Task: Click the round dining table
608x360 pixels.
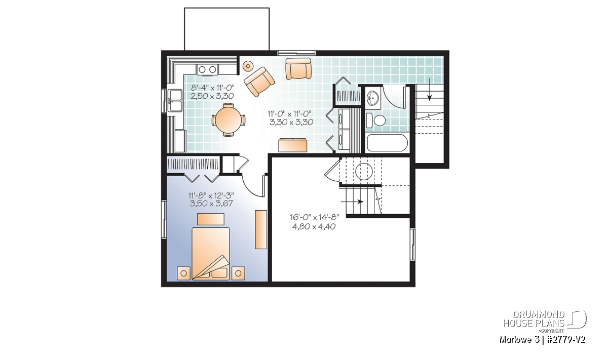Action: (229, 119)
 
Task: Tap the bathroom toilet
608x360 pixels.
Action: (376, 120)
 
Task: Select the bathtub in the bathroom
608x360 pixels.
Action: (387, 143)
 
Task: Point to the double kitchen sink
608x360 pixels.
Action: (175, 101)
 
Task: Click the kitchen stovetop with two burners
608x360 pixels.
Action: (207, 69)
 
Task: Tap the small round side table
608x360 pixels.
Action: (248, 66)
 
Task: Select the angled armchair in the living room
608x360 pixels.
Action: (259, 82)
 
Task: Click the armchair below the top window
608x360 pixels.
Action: (298, 69)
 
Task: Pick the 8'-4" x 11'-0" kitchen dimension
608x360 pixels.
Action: (212, 88)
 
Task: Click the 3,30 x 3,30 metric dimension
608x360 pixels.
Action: (291, 122)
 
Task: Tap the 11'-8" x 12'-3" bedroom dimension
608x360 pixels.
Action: (211, 195)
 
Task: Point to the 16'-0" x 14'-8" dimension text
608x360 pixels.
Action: (314, 217)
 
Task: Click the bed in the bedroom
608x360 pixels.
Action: (211, 253)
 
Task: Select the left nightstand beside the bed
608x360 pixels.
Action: (183, 273)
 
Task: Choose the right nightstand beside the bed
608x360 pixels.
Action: (238, 273)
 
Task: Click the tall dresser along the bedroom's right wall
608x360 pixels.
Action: (261, 229)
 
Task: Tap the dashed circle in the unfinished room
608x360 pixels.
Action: (364, 171)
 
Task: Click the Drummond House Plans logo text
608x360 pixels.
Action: (534, 319)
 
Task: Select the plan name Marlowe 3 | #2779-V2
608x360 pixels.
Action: (542, 340)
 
